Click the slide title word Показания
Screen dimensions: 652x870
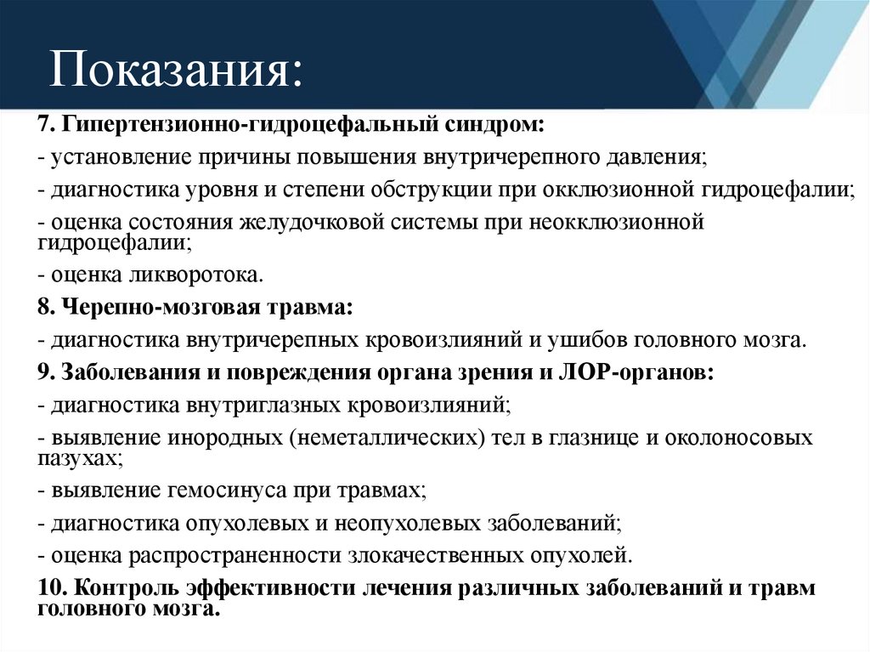174,69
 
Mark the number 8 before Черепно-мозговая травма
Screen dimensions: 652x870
42,306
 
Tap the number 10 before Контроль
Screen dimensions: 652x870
49,588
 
